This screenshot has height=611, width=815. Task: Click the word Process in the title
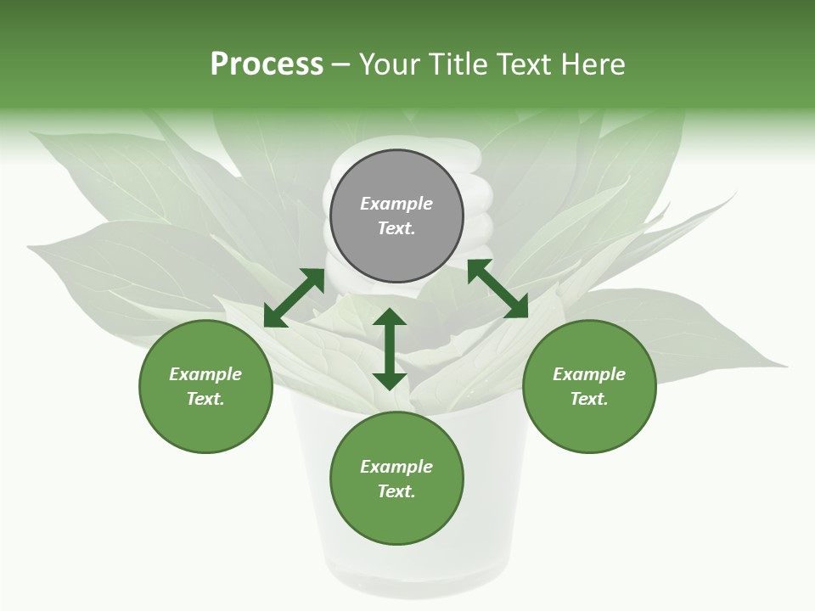click(x=267, y=64)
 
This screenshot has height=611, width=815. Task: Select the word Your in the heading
click(x=389, y=64)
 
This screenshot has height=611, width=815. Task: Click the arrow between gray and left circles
click(x=295, y=298)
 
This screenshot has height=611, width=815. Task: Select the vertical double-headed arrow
click(x=390, y=349)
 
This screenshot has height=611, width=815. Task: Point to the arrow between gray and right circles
click(x=497, y=289)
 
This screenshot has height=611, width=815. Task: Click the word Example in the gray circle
click(x=396, y=204)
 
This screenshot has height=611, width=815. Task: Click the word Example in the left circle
click(x=205, y=374)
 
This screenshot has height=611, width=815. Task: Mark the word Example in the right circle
click(x=589, y=374)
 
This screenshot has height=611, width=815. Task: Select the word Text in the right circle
click(x=588, y=399)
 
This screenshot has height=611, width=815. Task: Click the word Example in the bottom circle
click(x=396, y=467)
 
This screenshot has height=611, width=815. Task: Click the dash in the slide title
click(x=341, y=65)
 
